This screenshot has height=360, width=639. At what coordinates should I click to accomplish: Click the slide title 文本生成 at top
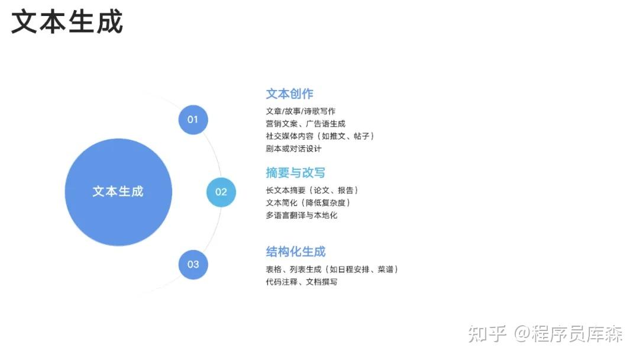pyautogui.click(x=67, y=22)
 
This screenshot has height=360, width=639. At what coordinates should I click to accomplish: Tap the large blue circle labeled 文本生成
pyautogui.click(x=118, y=192)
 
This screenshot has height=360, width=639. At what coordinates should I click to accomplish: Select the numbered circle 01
pyautogui.click(x=193, y=120)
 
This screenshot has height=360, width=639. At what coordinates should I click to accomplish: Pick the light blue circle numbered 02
pyautogui.click(x=221, y=192)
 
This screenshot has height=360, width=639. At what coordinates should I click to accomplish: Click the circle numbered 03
pyautogui.click(x=193, y=265)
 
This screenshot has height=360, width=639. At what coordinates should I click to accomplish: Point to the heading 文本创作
pyautogui.click(x=289, y=94)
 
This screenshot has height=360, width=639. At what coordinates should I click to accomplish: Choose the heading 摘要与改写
pyautogui.click(x=295, y=173)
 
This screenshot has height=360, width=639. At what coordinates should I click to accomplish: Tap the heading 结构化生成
pyautogui.click(x=295, y=252)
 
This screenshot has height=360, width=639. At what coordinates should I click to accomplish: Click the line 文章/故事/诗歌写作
pyautogui.click(x=301, y=111)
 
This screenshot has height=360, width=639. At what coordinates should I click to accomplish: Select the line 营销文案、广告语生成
pyautogui.click(x=305, y=124)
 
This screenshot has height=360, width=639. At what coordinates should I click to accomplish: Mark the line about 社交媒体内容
pyautogui.click(x=320, y=136)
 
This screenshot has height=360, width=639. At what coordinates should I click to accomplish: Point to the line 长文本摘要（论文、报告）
pyautogui.click(x=312, y=191)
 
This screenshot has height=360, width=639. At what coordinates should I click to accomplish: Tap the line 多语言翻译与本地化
pyautogui.click(x=302, y=216)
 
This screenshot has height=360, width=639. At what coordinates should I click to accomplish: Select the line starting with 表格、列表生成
pyautogui.click(x=331, y=269)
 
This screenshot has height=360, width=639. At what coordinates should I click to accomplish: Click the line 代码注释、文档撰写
pyautogui.click(x=302, y=282)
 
